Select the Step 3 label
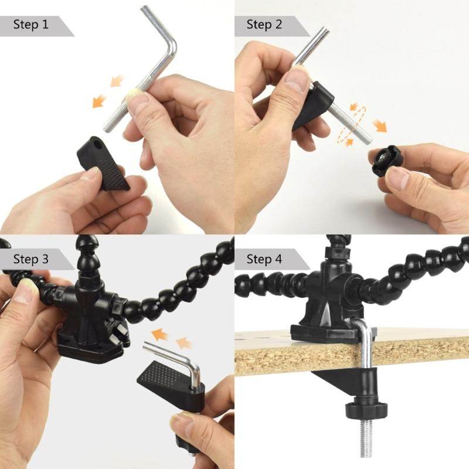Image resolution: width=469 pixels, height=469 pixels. coord(30,259)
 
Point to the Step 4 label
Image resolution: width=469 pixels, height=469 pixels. coord(265,259)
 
